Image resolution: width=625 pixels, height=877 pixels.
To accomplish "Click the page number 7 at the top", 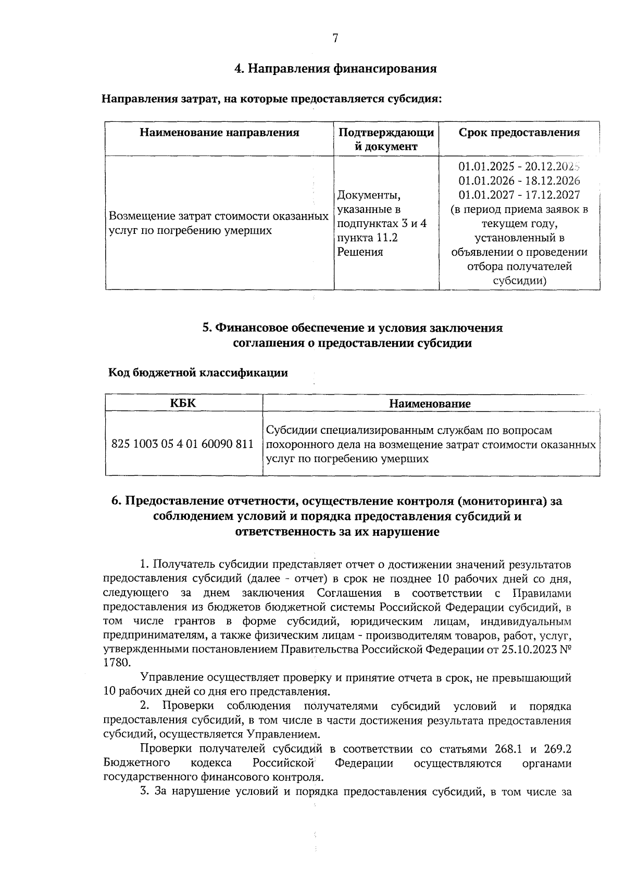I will pyautogui.click(x=335, y=38).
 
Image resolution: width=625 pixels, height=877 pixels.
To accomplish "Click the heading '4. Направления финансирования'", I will pyautogui.click(x=335, y=68).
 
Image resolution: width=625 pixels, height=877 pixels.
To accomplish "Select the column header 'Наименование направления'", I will pyautogui.click(x=219, y=132).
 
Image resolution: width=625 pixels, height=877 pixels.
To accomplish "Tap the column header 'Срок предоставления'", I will pyautogui.click(x=519, y=132).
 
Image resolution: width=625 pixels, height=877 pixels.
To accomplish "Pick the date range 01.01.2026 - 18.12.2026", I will pyautogui.click(x=519, y=181).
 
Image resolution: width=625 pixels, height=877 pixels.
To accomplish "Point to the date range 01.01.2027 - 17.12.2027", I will pyautogui.click(x=519, y=195).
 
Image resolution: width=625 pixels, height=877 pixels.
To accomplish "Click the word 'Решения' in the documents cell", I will pyautogui.click(x=360, y=252).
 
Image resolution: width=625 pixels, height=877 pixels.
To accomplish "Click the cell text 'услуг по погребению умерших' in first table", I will pyautogui.click(x=190, y=230).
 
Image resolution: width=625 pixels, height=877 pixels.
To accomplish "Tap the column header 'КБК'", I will pyautogui.click(x=183, y=403).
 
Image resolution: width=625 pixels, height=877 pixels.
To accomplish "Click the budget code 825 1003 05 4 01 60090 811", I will pyautogui.click(x=183, y=445).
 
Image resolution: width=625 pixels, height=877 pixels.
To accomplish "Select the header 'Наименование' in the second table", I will pyautogui.click(x=430, y=404).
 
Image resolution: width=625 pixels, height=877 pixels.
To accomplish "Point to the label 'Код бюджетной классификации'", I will pyautogui.click(x=198, y=372).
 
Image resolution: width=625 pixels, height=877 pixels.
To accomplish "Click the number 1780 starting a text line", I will pyautogui.click(x=114, y=663).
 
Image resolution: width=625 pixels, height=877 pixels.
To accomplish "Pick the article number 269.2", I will pyautogui.click(x=556, y=749).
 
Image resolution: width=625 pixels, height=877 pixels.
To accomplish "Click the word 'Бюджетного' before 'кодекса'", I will pyautogui.click(x=137, y=763).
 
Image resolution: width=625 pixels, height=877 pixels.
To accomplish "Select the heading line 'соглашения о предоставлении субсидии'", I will pyautogui.click(x=352, y=343).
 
